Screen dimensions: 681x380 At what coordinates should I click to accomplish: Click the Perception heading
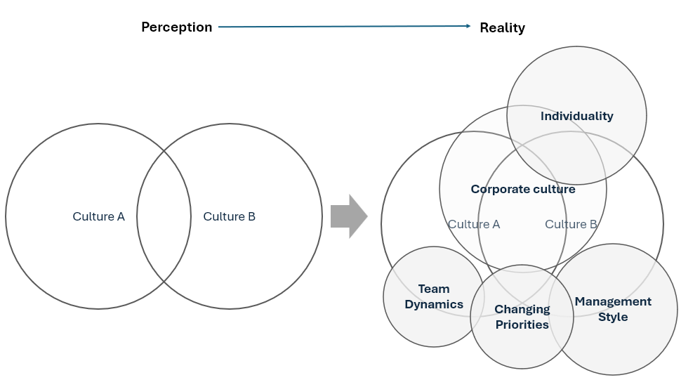[x=177, y=27]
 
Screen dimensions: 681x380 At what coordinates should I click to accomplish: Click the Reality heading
[x=503, y=28]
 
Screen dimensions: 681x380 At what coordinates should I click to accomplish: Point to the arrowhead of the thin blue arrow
[x=468, y=26]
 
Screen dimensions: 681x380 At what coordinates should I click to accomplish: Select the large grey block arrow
[x=349, y=216]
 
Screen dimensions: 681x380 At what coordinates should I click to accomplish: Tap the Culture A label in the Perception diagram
[x=98, y=216]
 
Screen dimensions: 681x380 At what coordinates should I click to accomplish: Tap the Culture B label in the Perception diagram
[x=230, y=216]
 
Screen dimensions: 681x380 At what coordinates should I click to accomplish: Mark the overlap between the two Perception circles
[x=164, y=216]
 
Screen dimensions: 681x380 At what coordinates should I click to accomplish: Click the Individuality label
[x=577, y=117]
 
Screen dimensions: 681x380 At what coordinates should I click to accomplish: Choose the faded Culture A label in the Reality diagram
[x=474, y=224]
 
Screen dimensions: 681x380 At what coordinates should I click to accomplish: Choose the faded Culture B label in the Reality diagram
[x=571, y=224]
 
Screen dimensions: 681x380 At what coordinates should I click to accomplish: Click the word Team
[x=434, y=289]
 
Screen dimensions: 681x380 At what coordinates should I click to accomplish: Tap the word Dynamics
[x=434, y=304]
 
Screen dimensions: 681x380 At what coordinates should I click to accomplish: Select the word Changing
[x=522, y=309]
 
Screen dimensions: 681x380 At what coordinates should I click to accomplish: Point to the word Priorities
[x=522, y=325]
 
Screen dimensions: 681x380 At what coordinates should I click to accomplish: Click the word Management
[x=613, y=302]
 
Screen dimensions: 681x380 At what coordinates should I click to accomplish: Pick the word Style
[x=613, y=317]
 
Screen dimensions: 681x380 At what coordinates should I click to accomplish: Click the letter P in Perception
[x=145, y=27]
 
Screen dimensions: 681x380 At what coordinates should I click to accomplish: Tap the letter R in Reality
[x=484, y=28]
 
